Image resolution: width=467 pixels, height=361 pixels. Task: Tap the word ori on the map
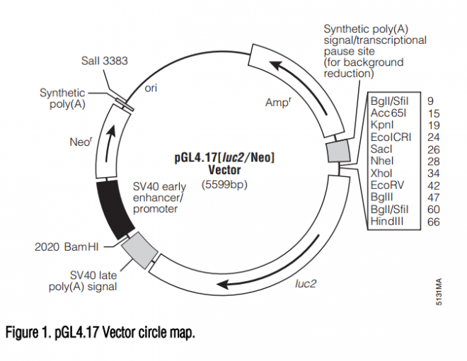151,89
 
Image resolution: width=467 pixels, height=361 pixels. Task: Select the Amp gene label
277,103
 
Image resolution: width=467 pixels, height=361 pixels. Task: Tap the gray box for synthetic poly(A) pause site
338,151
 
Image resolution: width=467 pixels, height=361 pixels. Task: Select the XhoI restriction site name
383,173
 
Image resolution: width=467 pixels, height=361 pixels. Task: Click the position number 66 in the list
432,222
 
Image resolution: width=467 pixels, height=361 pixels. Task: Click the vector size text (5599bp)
224,185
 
